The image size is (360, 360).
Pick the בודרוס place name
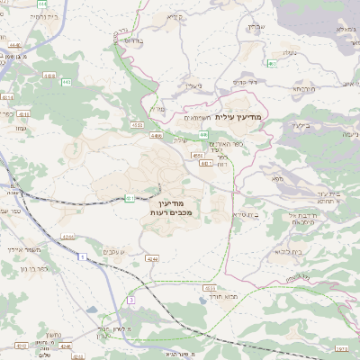click(x=130, y=40)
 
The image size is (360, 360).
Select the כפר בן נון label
click(x=35, y=269)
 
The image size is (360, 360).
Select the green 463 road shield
click(x=271, y=64)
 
